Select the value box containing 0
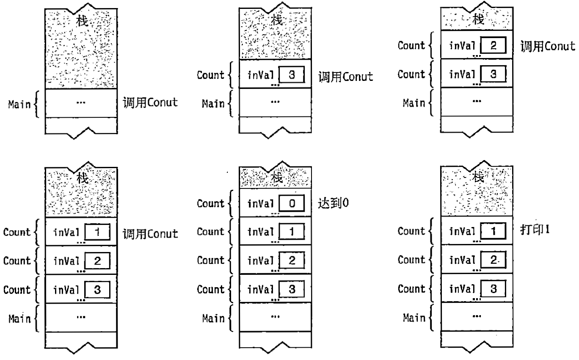pos(292,204)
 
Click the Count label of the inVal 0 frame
pos(211,204)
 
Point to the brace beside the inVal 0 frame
pos(230,204)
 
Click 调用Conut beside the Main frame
pos(150,104)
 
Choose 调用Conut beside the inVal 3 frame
pos(346,77)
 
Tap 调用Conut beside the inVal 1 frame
pos(150,233)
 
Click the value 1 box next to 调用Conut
pos(97,232)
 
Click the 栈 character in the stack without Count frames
pos(81,20)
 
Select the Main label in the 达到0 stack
pos(213,318)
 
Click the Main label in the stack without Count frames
pos(19,104)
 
